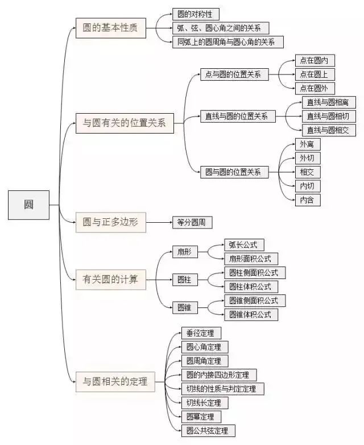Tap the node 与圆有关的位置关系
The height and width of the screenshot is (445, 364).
coord(125,123)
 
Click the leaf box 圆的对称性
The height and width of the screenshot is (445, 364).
coord(196,14)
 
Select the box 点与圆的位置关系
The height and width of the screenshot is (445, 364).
coord(234,74)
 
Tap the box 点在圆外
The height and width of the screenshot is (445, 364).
coord(314,88)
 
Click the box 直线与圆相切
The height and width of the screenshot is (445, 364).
coord(331,117)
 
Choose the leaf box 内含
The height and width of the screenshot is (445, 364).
coord(308,199)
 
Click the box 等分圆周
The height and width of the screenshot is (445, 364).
coord(192,223)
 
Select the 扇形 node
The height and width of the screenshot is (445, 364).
coord(183,252)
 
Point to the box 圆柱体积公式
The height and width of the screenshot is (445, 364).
coord(250,286)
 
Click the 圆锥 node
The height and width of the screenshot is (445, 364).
coord(184,307)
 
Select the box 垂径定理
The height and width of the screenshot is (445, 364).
coord(200,333)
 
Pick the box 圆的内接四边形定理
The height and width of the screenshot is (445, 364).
coord(218,375)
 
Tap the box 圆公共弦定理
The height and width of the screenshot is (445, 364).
coord(207,430)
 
